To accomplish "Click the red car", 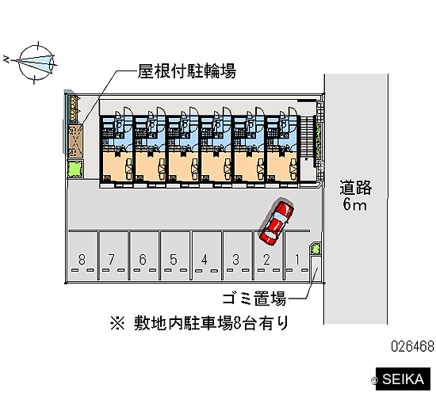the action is [276, 221].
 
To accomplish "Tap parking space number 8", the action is [82, 257].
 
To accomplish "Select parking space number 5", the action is [174, 257].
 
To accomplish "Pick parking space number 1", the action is [297, 257].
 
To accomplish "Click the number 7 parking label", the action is [111, 260].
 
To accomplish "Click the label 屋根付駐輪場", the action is [187, 71].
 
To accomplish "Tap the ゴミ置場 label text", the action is [254, 299].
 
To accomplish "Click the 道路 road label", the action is [355, 187].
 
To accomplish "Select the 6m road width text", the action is [354, 204].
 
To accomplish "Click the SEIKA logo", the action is [403, 379].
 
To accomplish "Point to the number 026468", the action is [413, 346].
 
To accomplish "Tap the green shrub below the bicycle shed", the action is [75, 169].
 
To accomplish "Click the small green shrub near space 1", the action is [316, 248].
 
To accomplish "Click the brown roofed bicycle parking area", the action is [75, 140].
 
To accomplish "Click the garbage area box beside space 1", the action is [315, 268].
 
